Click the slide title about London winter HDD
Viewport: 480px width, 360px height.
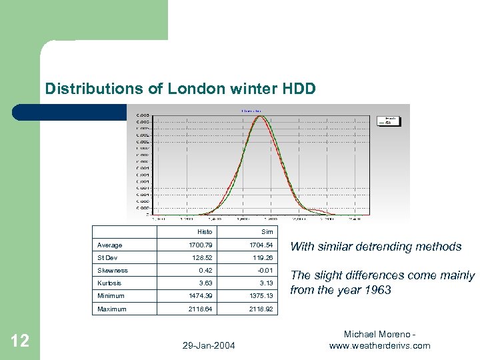(x=179, y=88)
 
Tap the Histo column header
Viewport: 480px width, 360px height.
(x=205, y=232)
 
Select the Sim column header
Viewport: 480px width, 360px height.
(x=267, y=232)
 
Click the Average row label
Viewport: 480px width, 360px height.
(x=110, y=245)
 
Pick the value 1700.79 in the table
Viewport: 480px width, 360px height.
(x=200, y=245)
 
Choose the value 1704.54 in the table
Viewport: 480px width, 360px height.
(x=261, y=245)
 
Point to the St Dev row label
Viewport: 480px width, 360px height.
(x=107, y=258)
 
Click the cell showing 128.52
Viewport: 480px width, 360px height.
(x=202, y=258)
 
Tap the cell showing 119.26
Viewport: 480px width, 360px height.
(x=263, y=258)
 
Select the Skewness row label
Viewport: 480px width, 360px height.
(x=113, y=271)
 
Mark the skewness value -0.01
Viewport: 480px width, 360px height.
(x=265, y=271)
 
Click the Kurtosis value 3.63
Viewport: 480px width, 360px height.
(x=205, y=283)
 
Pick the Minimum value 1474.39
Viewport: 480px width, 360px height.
(x=200, y=296)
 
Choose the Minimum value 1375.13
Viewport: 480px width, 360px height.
(x=261, y=296)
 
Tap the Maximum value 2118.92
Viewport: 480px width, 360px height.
(x=261, y=309)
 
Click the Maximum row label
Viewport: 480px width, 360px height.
(x=112, y=309)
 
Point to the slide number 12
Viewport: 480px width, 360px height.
(x=20, y=341)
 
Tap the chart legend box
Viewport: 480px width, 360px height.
(x=389, y=121)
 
